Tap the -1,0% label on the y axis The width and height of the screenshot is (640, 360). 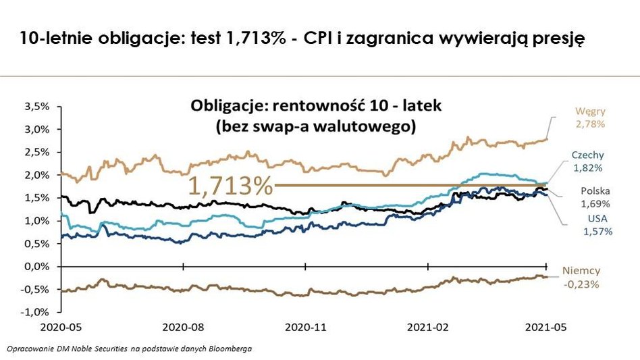38,313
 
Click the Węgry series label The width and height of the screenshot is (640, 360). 591,111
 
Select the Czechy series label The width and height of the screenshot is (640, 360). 588,155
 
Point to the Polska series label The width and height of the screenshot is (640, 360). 595,191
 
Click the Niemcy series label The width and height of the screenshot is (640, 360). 581,271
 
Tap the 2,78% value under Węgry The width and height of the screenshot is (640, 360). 590,124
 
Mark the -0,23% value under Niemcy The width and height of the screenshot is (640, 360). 581,284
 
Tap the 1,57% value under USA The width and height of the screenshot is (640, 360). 597,231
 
